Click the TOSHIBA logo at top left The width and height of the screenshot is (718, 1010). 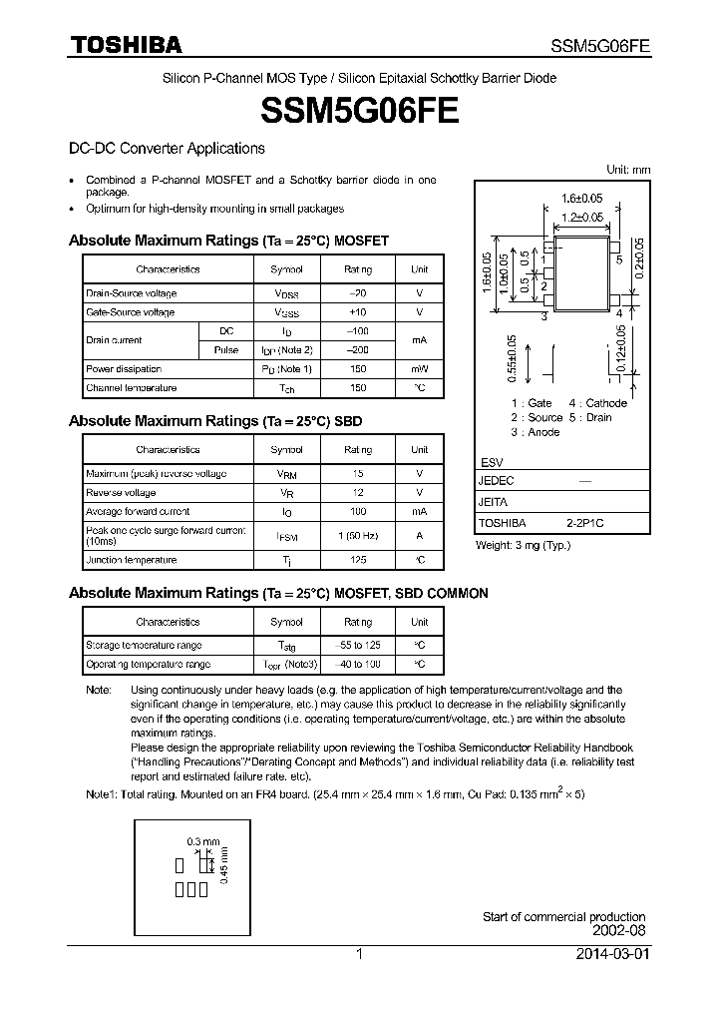[125, 45]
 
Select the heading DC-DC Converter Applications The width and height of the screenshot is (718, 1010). [167, 149]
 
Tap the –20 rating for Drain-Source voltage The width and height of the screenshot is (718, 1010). [357, 293]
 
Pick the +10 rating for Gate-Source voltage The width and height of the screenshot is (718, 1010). [357, 312]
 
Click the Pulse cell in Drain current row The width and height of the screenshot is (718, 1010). [226, 349]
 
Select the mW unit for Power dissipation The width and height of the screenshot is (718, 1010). [419, 368]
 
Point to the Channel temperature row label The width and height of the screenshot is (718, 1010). [132, 387]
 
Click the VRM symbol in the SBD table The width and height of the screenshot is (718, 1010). [286, 474]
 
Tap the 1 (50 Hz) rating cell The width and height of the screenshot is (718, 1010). [357, 536]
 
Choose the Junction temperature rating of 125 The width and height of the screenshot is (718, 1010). [357, 560]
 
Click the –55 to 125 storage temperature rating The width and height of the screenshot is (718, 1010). [357, 645]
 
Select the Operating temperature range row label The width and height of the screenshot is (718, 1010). [148, 664]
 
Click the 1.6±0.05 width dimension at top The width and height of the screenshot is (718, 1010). [581, 198]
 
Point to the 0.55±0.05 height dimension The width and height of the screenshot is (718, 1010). [512, 358]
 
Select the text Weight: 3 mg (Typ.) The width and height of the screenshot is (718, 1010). [524, 545]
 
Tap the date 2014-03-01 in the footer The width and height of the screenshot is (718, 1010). [612, 954]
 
